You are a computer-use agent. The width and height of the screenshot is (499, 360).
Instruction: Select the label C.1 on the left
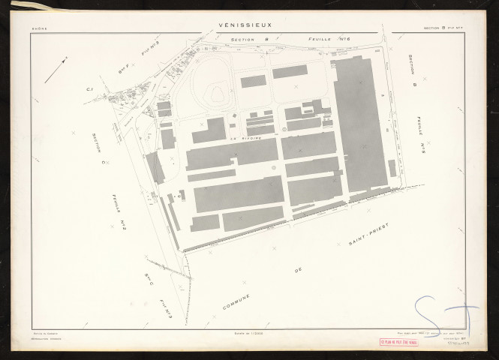[89, 91]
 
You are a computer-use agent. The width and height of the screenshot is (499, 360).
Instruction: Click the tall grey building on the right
[360, 124]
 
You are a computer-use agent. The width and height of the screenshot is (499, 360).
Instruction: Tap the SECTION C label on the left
[95, 146]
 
